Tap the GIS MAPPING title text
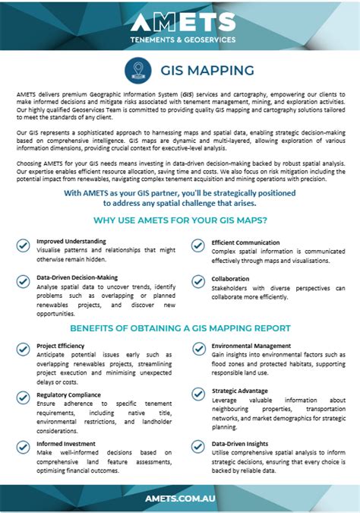206,71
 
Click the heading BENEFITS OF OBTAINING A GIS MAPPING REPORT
180,328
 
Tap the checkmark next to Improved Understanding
24,245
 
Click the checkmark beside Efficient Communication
197,245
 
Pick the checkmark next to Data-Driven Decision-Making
24,280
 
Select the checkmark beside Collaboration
197,281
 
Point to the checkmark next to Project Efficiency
24,348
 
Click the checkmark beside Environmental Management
197,348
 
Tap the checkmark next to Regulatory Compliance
24,397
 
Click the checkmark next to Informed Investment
24,445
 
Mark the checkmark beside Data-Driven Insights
197,445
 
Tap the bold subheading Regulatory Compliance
68,394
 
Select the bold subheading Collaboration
230,278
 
